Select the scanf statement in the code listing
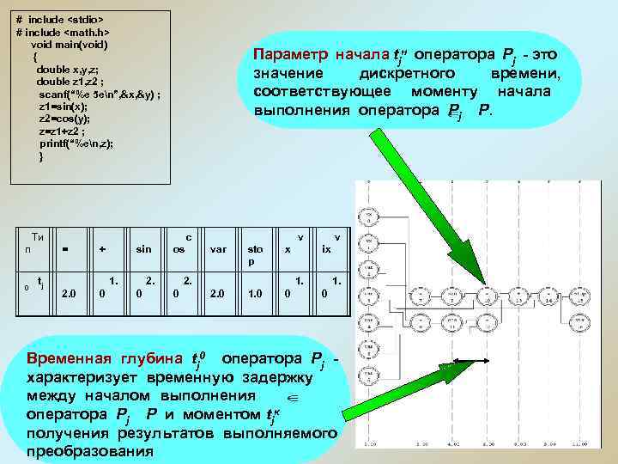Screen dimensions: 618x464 click(99, 93)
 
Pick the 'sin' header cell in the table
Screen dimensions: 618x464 click(144, 249)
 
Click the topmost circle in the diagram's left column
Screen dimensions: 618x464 click(367, 194)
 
